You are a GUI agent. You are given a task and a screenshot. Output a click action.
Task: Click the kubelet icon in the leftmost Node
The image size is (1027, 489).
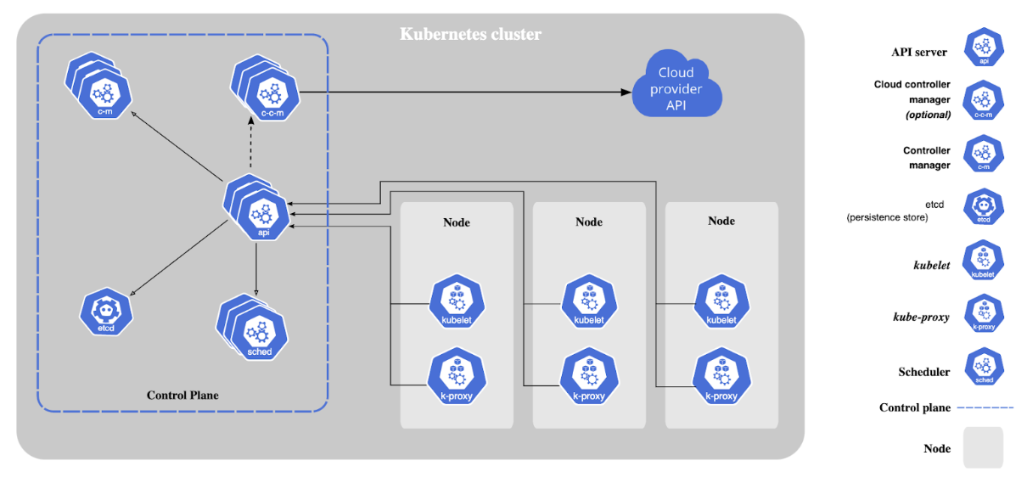click(x=457, y=301)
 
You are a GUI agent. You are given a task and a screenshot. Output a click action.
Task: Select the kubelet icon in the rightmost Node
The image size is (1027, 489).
click(x=721, y=301)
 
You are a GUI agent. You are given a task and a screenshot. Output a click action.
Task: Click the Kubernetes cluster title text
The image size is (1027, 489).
click(x=470, y=35)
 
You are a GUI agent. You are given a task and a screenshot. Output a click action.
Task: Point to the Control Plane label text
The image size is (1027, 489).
click(x=182, y=396)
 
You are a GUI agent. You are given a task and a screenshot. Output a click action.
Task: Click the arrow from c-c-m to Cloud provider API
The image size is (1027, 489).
click(x=467, y=91)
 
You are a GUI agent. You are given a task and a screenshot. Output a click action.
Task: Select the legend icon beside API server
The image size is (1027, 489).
click(x=984, y=48)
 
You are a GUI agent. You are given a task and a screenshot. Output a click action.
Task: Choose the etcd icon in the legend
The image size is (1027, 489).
click(x=984, y=207)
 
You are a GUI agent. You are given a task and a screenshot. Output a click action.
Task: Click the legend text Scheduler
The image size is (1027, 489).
click(x=924, y=372)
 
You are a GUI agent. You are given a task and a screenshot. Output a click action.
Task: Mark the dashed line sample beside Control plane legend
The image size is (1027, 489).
click(x=985, y=408)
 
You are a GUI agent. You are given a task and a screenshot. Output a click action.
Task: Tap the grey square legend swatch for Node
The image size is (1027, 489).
click(x=983, y=447)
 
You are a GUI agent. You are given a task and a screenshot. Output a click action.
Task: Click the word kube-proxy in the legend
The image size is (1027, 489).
click(x=922, y=317)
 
